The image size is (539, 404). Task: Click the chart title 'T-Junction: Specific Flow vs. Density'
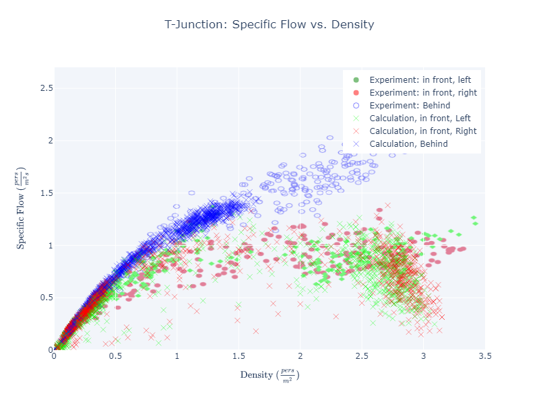269,25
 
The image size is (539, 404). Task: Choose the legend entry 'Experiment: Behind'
409,106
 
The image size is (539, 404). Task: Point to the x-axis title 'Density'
269,375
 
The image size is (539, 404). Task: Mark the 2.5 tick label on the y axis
44,88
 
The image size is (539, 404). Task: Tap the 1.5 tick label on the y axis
44,193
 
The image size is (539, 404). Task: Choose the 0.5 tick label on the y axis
44,298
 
